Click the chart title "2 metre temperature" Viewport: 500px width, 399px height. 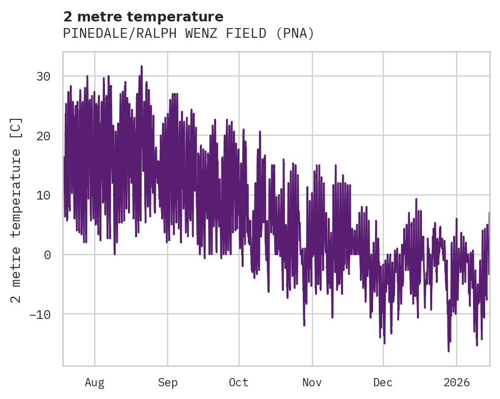pos(143,16)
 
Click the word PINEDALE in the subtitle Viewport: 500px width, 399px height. pos(88,34)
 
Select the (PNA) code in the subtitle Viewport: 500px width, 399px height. pos(295,34)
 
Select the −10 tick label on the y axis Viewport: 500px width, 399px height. pos(39,314)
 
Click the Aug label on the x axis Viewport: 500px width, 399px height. pos(95,382)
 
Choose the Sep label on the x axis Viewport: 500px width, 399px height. pos(167,382)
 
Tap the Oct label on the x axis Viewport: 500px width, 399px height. pos(239,382)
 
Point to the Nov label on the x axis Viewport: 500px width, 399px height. pos(312,382)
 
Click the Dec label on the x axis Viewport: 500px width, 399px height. pos(383,382)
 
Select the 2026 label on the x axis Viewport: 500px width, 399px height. pos(457,382)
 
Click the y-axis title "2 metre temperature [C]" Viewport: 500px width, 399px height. pos(16,210)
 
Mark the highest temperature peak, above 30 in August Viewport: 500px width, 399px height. pos(142,66)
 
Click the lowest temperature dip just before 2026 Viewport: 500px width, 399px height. pos(449,351)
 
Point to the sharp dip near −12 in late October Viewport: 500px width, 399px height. pos(304,325)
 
